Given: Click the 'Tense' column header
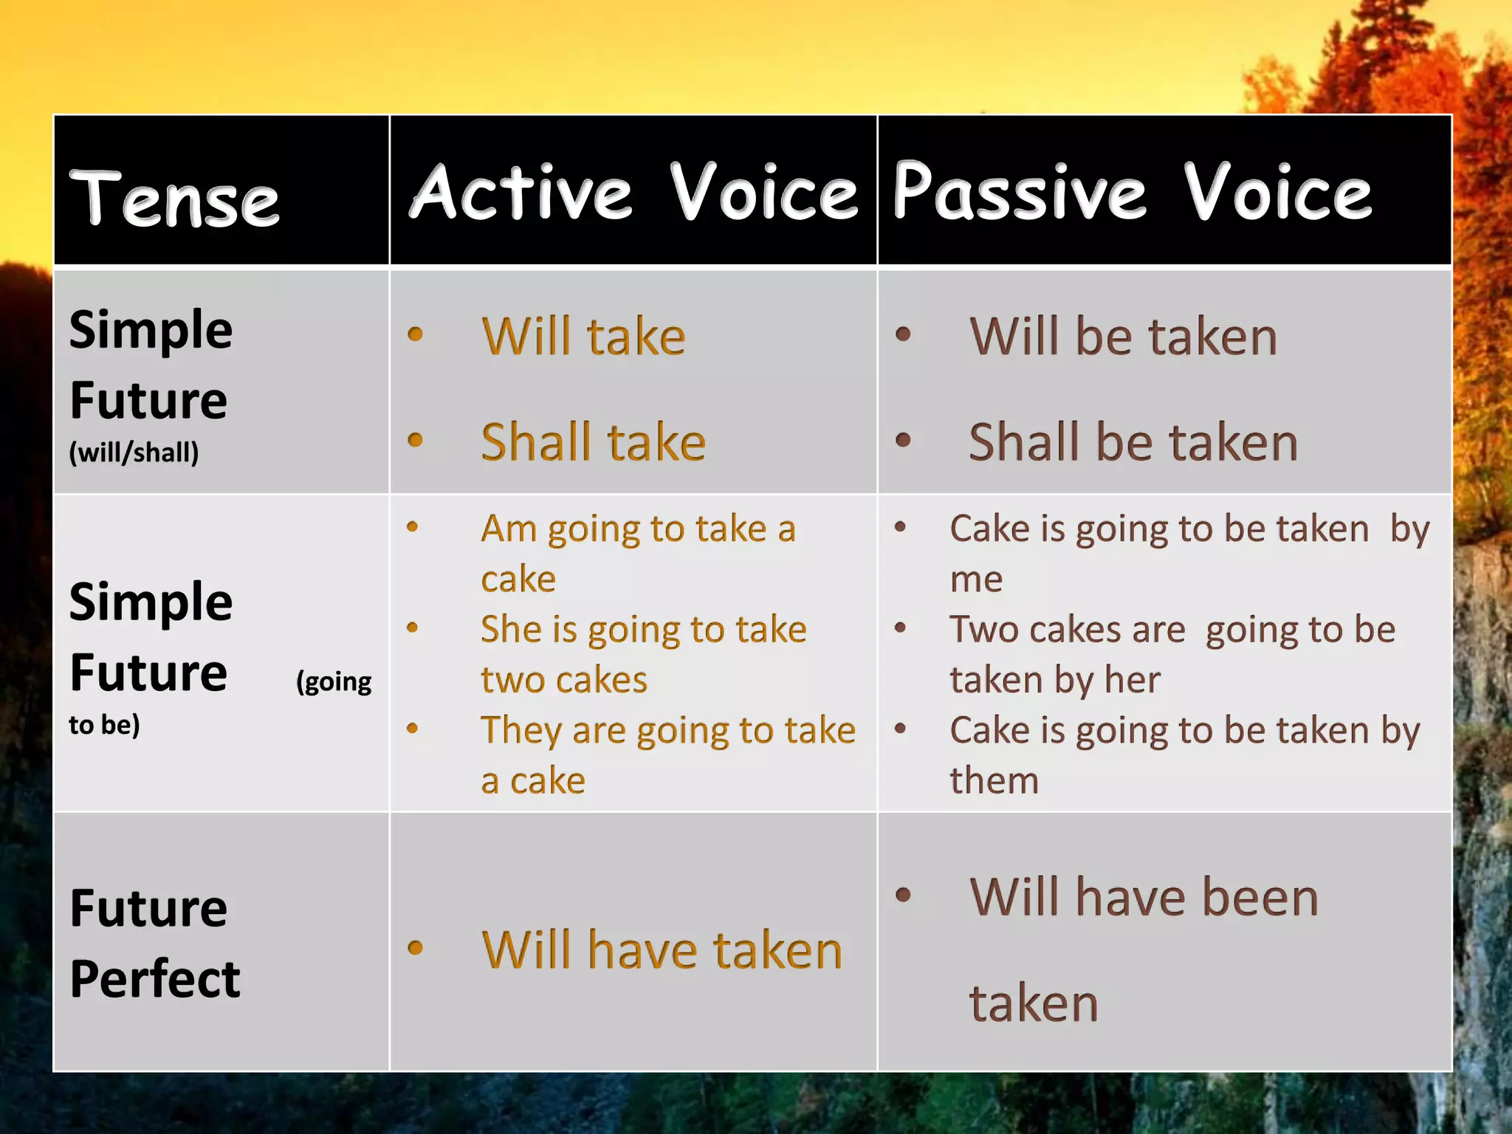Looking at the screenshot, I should (174, 199).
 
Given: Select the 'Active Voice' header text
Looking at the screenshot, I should (633, 192).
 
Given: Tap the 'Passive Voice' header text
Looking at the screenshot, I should (1132, 192).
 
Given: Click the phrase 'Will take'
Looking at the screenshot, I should (583, 337).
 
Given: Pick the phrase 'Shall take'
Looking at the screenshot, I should (593, 442).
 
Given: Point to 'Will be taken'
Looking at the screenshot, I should (1123, 337).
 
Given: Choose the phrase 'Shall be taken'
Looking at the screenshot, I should (1133, 442).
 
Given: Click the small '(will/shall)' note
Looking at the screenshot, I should (134, 452).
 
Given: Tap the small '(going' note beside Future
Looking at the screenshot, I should (334, 681).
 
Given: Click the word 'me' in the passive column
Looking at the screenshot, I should (976, 580).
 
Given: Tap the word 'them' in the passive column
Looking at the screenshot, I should (994, 781).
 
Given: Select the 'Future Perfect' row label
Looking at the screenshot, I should (154, 943).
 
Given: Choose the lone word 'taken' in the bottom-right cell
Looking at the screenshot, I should (1034, 1003).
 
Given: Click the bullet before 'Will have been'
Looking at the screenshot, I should (902, 896).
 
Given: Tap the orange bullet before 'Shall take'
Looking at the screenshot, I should (415, 441).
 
